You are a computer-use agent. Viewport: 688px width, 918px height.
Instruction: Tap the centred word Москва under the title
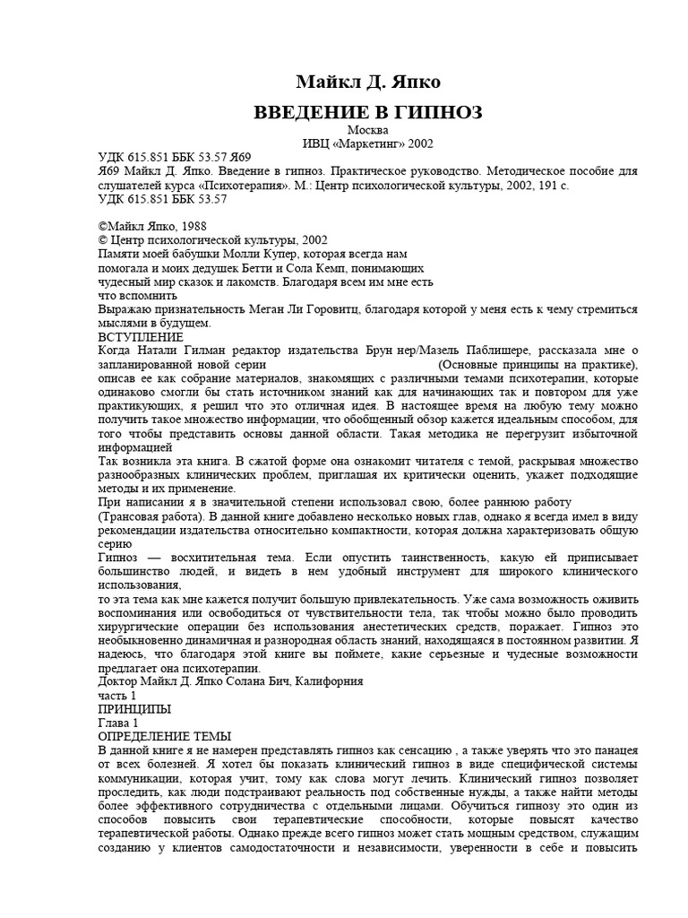[343, 131]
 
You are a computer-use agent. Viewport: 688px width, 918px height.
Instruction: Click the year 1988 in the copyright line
[188, 227]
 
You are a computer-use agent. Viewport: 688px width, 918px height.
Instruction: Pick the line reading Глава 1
[118, 723]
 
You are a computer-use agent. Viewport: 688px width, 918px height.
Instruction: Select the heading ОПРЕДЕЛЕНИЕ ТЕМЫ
[163, 736]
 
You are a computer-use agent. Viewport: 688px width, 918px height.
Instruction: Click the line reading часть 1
[116, 696]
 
